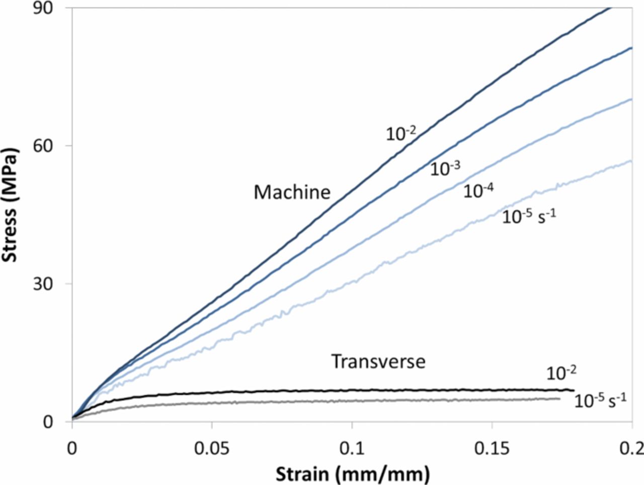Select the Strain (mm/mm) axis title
coord(352,472)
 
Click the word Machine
coord(292,192)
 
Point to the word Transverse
coord(378,362)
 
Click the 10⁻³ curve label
coord(445,169)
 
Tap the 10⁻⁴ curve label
coord(478,191)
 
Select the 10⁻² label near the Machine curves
coord(401,133)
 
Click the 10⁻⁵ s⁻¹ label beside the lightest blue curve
coord(529,217)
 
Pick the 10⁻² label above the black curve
coord(561,373)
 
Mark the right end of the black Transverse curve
coord(574,390)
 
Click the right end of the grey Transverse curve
coord(559,399)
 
